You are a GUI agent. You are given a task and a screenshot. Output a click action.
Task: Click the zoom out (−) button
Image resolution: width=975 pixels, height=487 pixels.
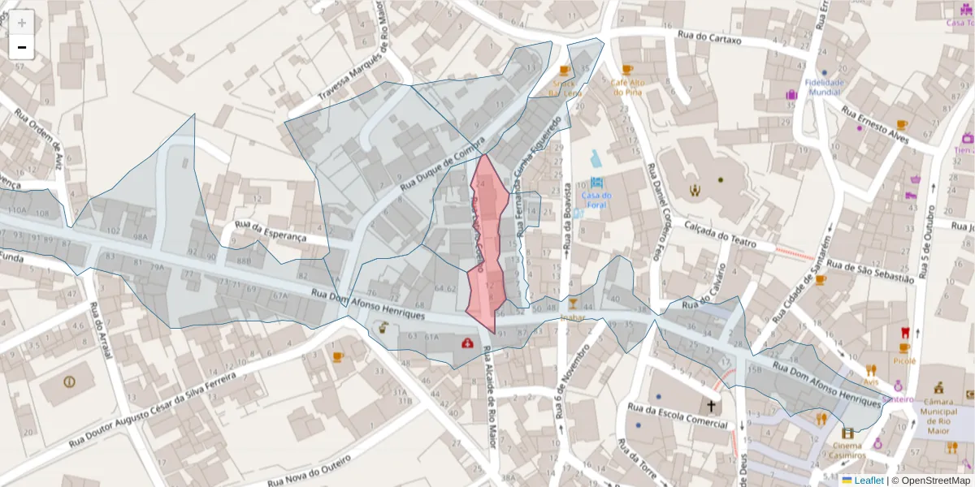pos(22,48)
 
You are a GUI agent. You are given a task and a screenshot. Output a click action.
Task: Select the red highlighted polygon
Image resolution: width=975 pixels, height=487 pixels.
pos(487,243)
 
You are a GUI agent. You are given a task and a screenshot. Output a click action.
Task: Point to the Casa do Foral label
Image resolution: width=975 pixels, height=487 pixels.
pos(596,199)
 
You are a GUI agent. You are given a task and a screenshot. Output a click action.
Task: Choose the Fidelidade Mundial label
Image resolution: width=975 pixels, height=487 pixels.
pos(825,87)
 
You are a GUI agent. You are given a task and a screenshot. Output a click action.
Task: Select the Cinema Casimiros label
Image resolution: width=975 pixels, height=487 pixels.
pos(848,451)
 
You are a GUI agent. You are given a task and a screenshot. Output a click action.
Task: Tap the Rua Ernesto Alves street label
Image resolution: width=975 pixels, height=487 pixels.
pos(875,121)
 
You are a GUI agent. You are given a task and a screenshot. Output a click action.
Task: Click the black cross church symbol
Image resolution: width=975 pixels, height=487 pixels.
pos(711,406)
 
